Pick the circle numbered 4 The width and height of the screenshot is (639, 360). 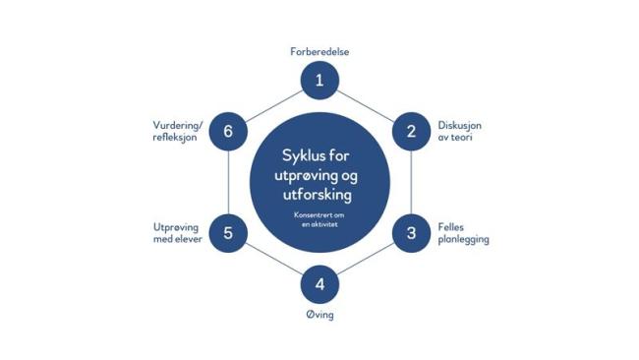pyautogui.click(x=319, y=285)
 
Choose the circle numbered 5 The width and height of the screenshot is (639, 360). pyautogui.click(x=228, y=233)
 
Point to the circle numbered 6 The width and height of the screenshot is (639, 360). pyautogui.click(x=228, y=131)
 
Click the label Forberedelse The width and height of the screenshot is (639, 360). pyautogui.click(x=319, y=51)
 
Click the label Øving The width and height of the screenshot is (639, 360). pyautogui.click(x=319, y=316)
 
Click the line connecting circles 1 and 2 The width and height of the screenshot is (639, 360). pyautogui.click(x=366, y=105)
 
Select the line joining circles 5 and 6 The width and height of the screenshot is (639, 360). pyautogui.click(x=228, y=182)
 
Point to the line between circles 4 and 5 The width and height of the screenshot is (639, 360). pyautogui.click(x=273, y=260)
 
